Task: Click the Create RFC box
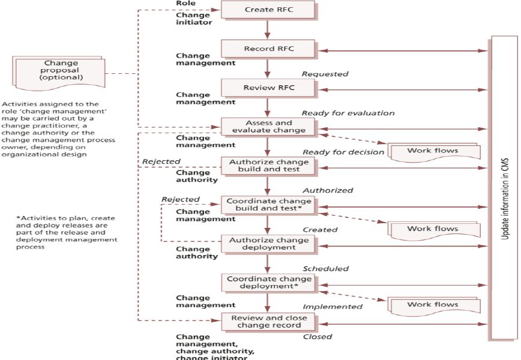tap(268, 10)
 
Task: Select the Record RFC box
tap(268, 49)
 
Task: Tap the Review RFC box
tap(268, 88)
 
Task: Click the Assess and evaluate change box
tap(268, 126)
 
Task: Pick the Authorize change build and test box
tap(268, 166)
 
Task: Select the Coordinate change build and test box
tap(268, 205)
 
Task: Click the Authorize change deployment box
tap(268, 244)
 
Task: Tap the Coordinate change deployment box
tap(268, 283)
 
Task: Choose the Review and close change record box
tap(268, 322)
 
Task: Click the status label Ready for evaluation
tap(348, 113)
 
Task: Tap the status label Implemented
tap(333, 307)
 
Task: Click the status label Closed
tap(317, 337)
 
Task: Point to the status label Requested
tap(325, 74)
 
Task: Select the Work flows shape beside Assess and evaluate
tap(433, 151)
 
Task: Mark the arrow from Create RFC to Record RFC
tap(268, 29)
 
